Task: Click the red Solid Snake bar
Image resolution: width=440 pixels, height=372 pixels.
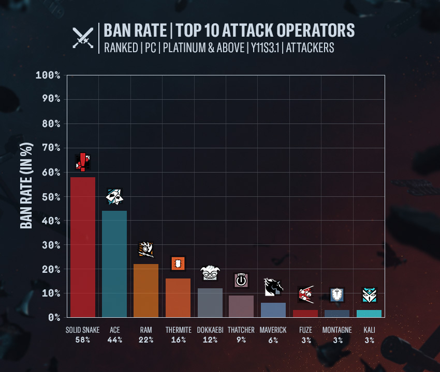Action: [83, 247]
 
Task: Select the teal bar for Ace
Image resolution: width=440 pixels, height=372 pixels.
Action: [114, 264]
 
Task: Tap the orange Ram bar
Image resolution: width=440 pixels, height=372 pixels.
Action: [146, 290]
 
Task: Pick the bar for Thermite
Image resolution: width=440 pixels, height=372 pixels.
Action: [178, 298]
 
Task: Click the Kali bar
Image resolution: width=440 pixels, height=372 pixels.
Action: [369, 314]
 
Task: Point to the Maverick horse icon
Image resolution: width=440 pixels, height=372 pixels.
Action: [273, 287]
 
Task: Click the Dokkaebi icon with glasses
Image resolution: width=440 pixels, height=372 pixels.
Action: [210, 273]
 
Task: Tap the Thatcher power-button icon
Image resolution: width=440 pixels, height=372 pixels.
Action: [241, 280]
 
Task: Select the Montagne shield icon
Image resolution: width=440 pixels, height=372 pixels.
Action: [337, 295]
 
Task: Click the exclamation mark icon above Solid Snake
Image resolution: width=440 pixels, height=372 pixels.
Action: [83, 162]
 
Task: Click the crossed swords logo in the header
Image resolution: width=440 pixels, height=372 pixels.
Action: [83, 38]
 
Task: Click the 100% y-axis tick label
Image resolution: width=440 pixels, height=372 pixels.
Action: [48, 75]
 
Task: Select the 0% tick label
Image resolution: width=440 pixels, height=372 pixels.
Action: [54, 317]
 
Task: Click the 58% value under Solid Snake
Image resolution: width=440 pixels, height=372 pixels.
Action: [83, 340]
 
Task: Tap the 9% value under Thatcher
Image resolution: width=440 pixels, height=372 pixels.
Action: [241, 340]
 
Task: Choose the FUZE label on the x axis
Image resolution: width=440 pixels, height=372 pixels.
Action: [305, 330]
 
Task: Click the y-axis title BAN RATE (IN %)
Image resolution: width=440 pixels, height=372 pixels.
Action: [26, 185]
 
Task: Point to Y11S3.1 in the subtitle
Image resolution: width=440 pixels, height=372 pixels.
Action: [265, 48]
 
